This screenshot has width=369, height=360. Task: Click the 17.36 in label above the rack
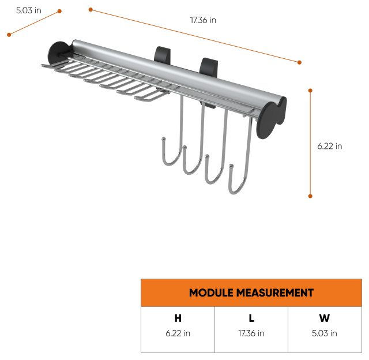(203, 20)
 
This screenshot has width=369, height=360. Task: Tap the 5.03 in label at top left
(28, 10)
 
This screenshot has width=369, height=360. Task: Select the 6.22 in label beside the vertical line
(330, 146)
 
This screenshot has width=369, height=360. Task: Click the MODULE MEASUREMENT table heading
(251, 292)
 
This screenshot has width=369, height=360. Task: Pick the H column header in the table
(178, 318)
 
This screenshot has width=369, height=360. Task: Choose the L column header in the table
(251, 318)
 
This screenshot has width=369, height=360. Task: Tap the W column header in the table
(325, 318)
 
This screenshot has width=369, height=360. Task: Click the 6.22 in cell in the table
(178, 333)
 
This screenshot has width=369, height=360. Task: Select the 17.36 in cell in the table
(251, 333)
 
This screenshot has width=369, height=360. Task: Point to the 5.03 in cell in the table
(325, 333)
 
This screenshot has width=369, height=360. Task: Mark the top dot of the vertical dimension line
(310, 91)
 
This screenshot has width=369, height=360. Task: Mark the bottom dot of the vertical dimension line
(310, 196)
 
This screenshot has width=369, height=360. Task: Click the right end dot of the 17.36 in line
(300, 62)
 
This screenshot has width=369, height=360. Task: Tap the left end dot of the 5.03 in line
(9, 35)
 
